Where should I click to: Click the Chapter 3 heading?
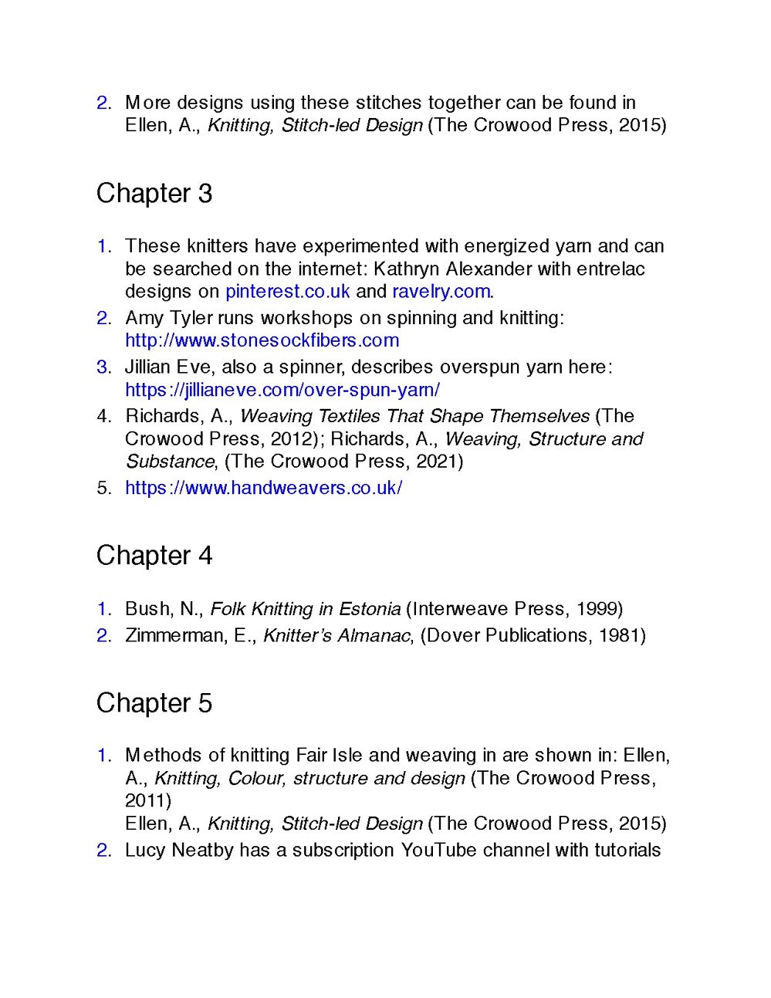[x=154, y=194]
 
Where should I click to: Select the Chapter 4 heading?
[x=154, y=556]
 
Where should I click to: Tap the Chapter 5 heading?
[x=154, y=703]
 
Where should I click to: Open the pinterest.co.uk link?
[x=287, y=292]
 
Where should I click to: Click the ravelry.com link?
[x=441, y=292]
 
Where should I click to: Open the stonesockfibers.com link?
[x=262, y=340]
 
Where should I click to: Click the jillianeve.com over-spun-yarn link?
[x=282, y=390]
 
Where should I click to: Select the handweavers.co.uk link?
[x=263, y=488]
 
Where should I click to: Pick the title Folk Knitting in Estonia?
[x=305, y=609]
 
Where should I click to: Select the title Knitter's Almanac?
[x=336, y=635]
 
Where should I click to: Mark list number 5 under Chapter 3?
[x=104, y=488]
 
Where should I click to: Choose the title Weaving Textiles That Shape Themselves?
[x=414, y=416]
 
